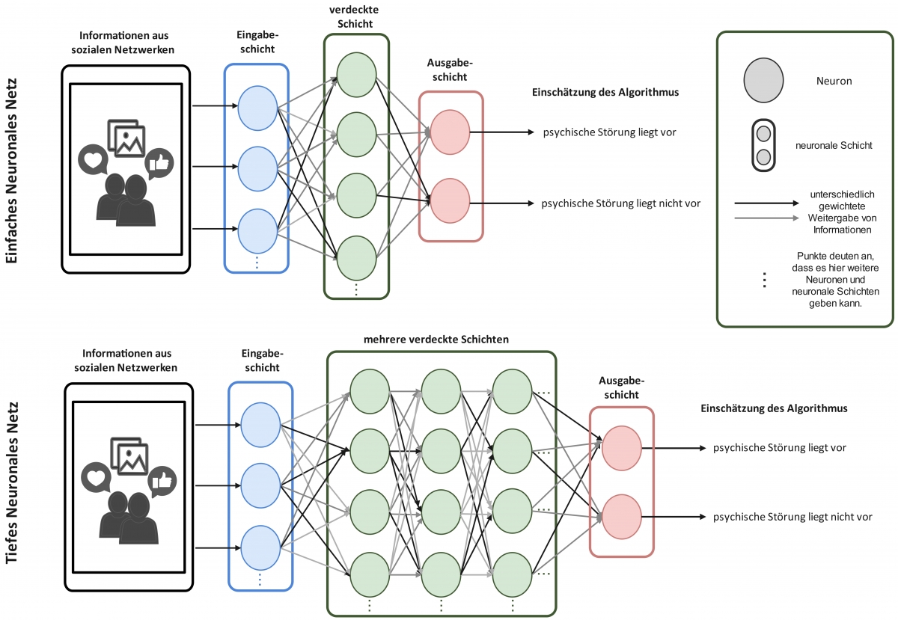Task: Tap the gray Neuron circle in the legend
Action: pyautogui.click(x=763, y=80)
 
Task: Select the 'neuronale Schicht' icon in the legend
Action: pyautogui.click(x=763, y=145)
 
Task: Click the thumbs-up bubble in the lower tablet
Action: pyautogui.click(x=160, y=481)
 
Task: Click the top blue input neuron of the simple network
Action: pyautogui.click(x=257, y=107)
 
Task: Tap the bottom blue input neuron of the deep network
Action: pyautogui.click(x=260, y=546)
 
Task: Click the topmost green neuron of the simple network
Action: pyautogui.click(x=356, y=73)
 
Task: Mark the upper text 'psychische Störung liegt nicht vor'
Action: pyautogui.click(x=620, y=202)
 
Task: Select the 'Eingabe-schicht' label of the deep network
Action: pyautogui.click(x=261, y=361)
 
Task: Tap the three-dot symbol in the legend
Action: pyautogui.click(x=764, y=280)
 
